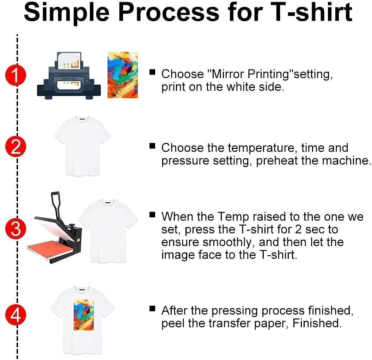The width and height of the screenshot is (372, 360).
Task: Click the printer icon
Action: [69, 78]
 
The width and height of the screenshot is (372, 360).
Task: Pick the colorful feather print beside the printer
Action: [122, 74]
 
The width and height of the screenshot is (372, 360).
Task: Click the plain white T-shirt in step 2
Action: [82, 145]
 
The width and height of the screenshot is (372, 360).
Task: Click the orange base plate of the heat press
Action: [51, 247]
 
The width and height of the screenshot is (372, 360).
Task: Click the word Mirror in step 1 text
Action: [225, 74]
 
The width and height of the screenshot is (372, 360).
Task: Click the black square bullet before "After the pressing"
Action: [152, 309]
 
